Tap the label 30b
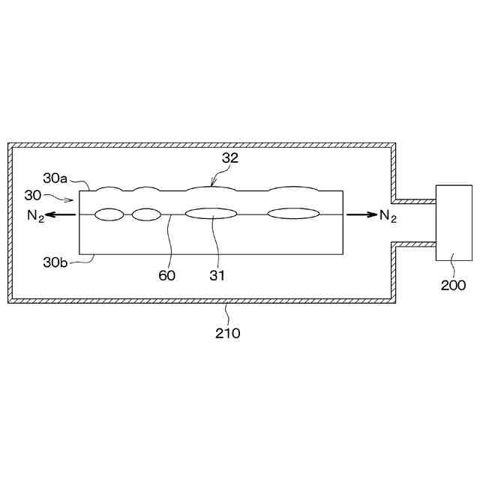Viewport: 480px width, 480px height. pos(55,262)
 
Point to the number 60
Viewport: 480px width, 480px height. pos(166,275)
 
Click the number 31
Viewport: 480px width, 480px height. pos(217,275)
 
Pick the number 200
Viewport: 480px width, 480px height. pos(454,285)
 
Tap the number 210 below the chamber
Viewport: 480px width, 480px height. pos(228,333)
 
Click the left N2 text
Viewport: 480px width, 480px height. pos(33,217)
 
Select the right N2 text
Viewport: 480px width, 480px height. pos(388,217)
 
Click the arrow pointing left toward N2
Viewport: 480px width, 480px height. pos(64,214)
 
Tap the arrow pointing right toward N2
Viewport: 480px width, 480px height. pos(361,214)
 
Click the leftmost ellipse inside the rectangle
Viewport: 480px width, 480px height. pos(109,214)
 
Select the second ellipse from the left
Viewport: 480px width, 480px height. pos(146,214)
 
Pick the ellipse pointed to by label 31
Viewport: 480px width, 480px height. pos(211,214)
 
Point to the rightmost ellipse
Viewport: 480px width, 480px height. pos(293,214)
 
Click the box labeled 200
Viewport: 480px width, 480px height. pos(454,223)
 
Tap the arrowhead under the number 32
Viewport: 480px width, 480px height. pos(212,183)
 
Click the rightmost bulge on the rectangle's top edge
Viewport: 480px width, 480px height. pos(293,187)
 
